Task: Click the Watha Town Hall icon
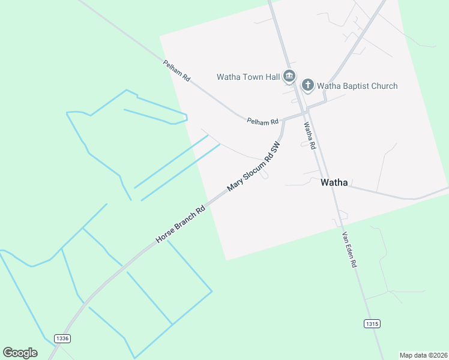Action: (289, 76)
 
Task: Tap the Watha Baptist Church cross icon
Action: (308, 85)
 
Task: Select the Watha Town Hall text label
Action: (248, 77)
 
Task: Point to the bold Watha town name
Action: (334, 182)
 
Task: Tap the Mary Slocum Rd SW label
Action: (254, 167)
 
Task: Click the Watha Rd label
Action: (310, 136)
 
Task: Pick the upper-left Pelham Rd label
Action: (176, 70)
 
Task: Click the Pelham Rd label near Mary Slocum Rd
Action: (263, 121)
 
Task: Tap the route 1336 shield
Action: (62, 338)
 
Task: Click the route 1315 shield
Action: (372, 324)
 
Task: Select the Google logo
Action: (20, 352)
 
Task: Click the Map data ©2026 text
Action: (423, 355)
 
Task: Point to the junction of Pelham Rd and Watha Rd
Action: (306, 112)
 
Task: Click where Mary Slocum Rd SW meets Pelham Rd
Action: (284, 119)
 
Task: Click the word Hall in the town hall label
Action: (272, 77)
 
